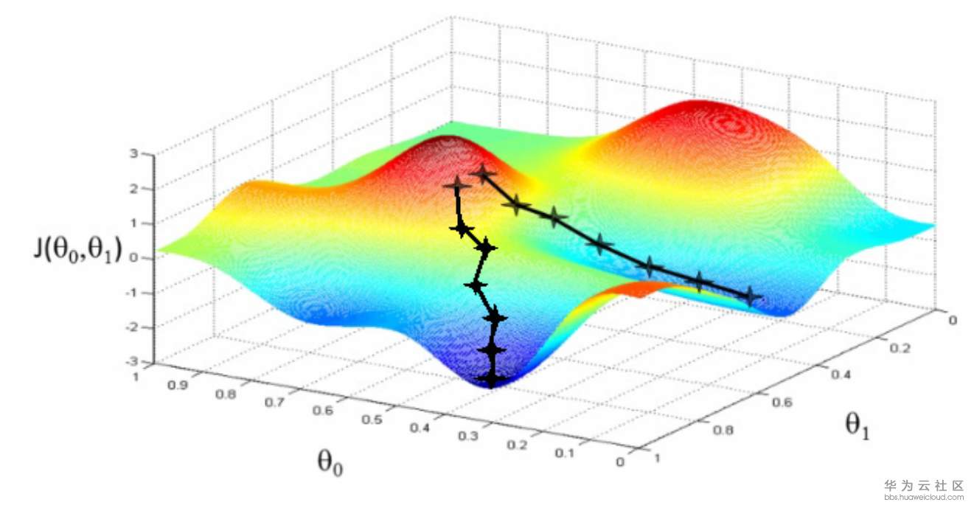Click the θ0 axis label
[329, 462]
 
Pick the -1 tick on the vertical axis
[133, 293]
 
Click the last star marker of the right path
[751, 296]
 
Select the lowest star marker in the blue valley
[491, 379]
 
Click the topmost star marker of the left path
[456, 186]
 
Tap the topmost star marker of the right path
[483, 174]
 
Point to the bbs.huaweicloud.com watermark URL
[924, 498]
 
